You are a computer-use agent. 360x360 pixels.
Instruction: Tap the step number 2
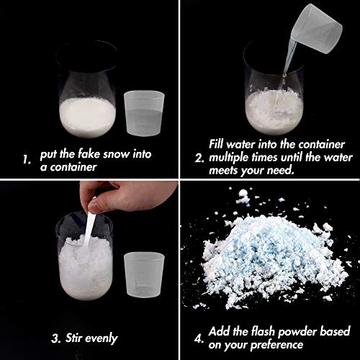pyautogui.click(x=199, y=157)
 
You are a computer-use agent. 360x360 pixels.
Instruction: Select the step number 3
pyautogui.click(x=55, y=338)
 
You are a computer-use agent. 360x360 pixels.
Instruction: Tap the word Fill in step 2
pyautogui.click(x=220, y=143)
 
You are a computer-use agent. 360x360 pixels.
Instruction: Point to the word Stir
pyautogui.click(x=79, y=338)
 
